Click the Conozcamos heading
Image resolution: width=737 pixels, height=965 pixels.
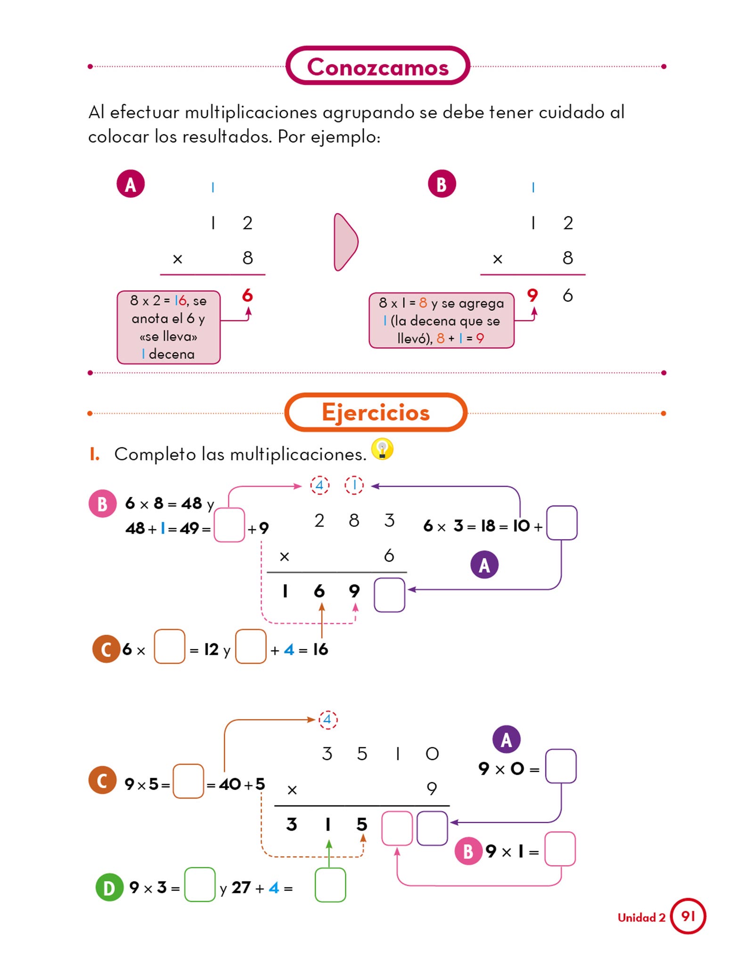(377, 66)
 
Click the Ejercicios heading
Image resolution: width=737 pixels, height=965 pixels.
(376, 412)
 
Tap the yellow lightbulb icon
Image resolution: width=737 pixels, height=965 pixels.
(382, 449)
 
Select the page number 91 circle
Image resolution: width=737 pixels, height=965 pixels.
(688, 916)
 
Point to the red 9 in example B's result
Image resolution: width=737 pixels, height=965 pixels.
(532, 295)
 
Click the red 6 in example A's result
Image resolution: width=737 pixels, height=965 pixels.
(247, 295)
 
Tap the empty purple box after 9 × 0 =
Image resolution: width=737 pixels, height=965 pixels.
(561, 766)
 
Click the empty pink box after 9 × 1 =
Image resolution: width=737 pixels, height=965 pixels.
(560, 849)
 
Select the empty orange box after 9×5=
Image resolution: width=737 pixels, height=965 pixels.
(188, 781)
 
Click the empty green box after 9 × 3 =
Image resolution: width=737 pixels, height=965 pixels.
(200, 885)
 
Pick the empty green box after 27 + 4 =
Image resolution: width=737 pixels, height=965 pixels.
(330, 885)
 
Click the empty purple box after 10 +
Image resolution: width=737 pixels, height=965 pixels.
(562, 523)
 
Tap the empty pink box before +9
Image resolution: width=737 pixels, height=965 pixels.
(229, 525)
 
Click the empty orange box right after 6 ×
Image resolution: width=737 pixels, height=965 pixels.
(170, 646)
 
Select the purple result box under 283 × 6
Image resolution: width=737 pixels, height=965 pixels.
(389, 595)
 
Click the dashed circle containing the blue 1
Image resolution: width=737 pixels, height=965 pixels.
(354, 485)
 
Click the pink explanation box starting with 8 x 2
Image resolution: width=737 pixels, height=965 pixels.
(168, 327)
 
